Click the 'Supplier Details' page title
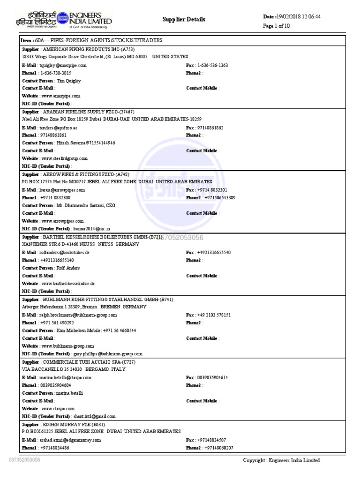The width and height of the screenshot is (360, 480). coord(184,19)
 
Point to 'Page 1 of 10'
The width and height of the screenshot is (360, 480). coord(277,26)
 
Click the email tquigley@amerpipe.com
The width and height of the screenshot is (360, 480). coord(63,66)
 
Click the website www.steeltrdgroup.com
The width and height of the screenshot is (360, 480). coord(64,158)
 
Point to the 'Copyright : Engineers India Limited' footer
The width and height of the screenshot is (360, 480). coord(281,460)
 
